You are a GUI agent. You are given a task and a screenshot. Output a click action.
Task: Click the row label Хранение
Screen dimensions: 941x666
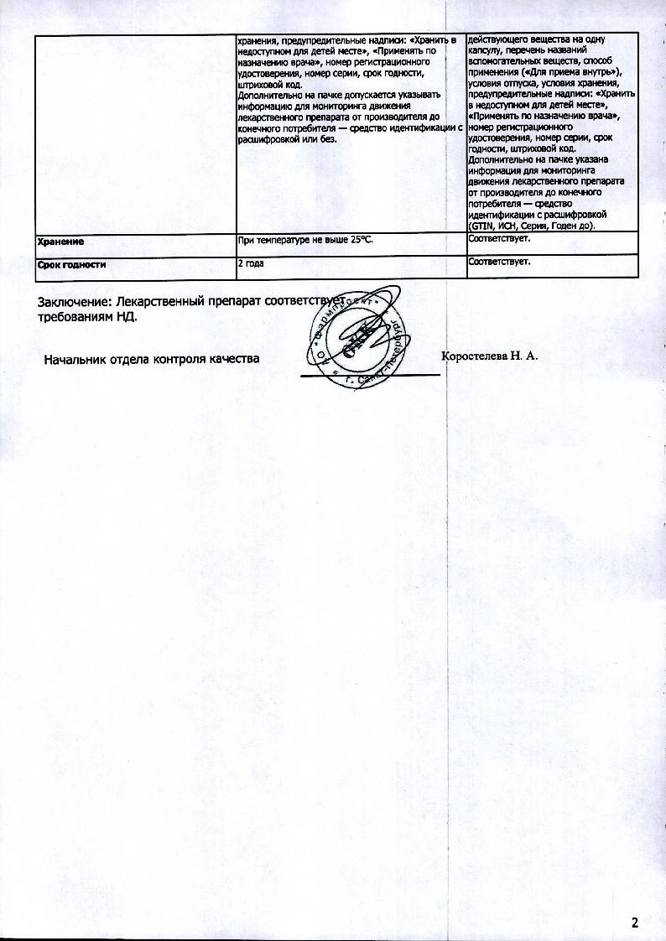(x=61, y=242)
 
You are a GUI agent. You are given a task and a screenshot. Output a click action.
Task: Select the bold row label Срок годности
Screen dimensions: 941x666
(x=72, y=265)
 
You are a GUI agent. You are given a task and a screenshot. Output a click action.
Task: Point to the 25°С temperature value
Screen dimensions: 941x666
(x=357, y=241)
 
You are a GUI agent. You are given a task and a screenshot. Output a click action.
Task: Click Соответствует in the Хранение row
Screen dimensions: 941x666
(x=499, y=240)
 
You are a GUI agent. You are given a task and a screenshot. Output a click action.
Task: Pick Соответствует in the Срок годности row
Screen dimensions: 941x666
(x=499, y=263)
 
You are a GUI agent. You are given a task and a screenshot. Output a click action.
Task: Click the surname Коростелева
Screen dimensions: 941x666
(x=476, y=356)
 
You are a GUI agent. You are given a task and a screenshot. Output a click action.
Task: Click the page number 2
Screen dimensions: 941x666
(x=635, y=923)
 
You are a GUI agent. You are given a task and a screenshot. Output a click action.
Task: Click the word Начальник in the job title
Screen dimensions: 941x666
(x=72, y=359)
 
